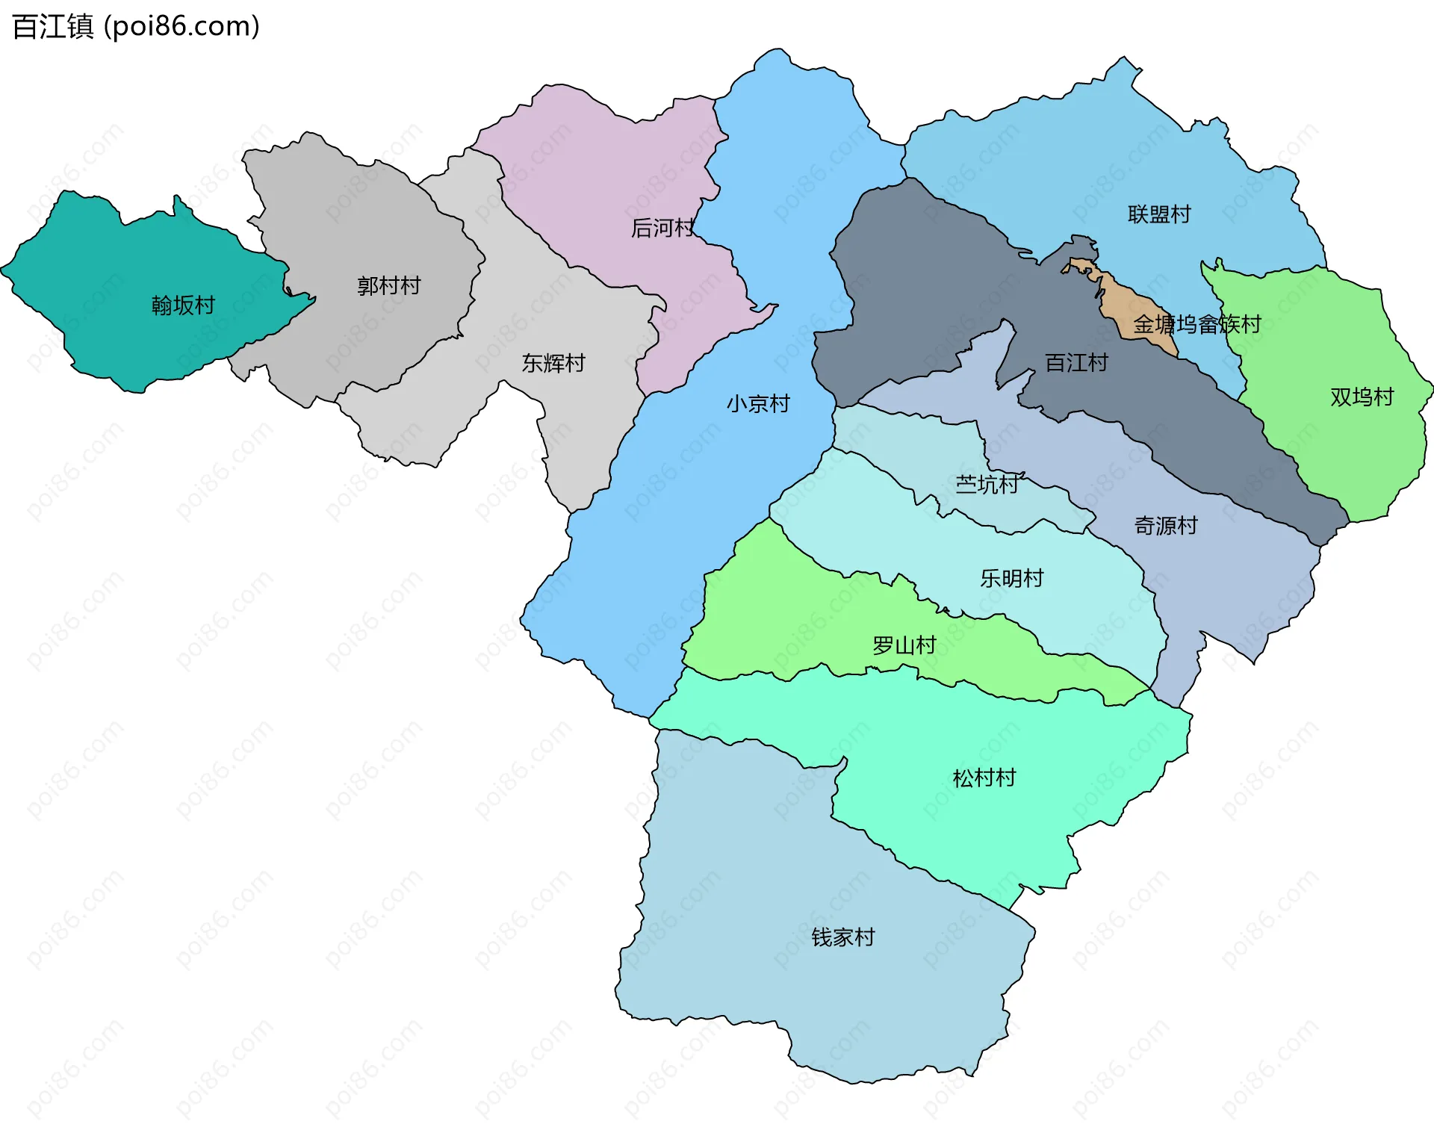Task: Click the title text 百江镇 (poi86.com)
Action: tap(136, 27)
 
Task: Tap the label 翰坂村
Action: tap(183, 305)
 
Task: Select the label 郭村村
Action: tap(388, 285)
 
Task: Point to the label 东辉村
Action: tap(553, 363)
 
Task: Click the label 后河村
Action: tap(662, 228)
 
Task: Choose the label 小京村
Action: tap(758, 404)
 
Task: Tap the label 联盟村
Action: tap(1159, 214)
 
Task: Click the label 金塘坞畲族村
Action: tap(1196, 324)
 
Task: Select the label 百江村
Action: tap(1076, 363)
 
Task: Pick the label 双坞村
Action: tap(1362, 397)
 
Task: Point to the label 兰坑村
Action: tap(987, 485)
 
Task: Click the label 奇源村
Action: tap(1165, 526)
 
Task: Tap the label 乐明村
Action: tap(1011, 578)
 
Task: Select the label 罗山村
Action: tap(904, 645)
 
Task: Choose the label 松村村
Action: tap(984, 778)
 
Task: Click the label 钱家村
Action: tap(842, 937)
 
